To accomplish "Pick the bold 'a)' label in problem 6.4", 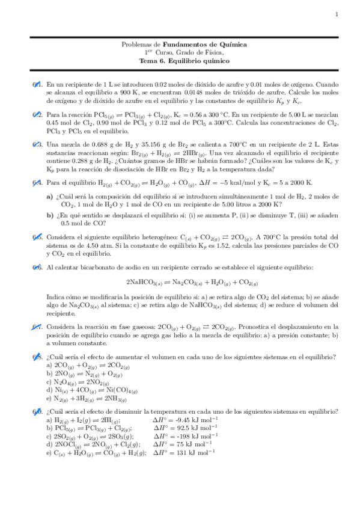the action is (49, 196).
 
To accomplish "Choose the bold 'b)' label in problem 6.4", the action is (50, 215).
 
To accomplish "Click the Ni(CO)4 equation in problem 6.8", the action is (93, 390).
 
